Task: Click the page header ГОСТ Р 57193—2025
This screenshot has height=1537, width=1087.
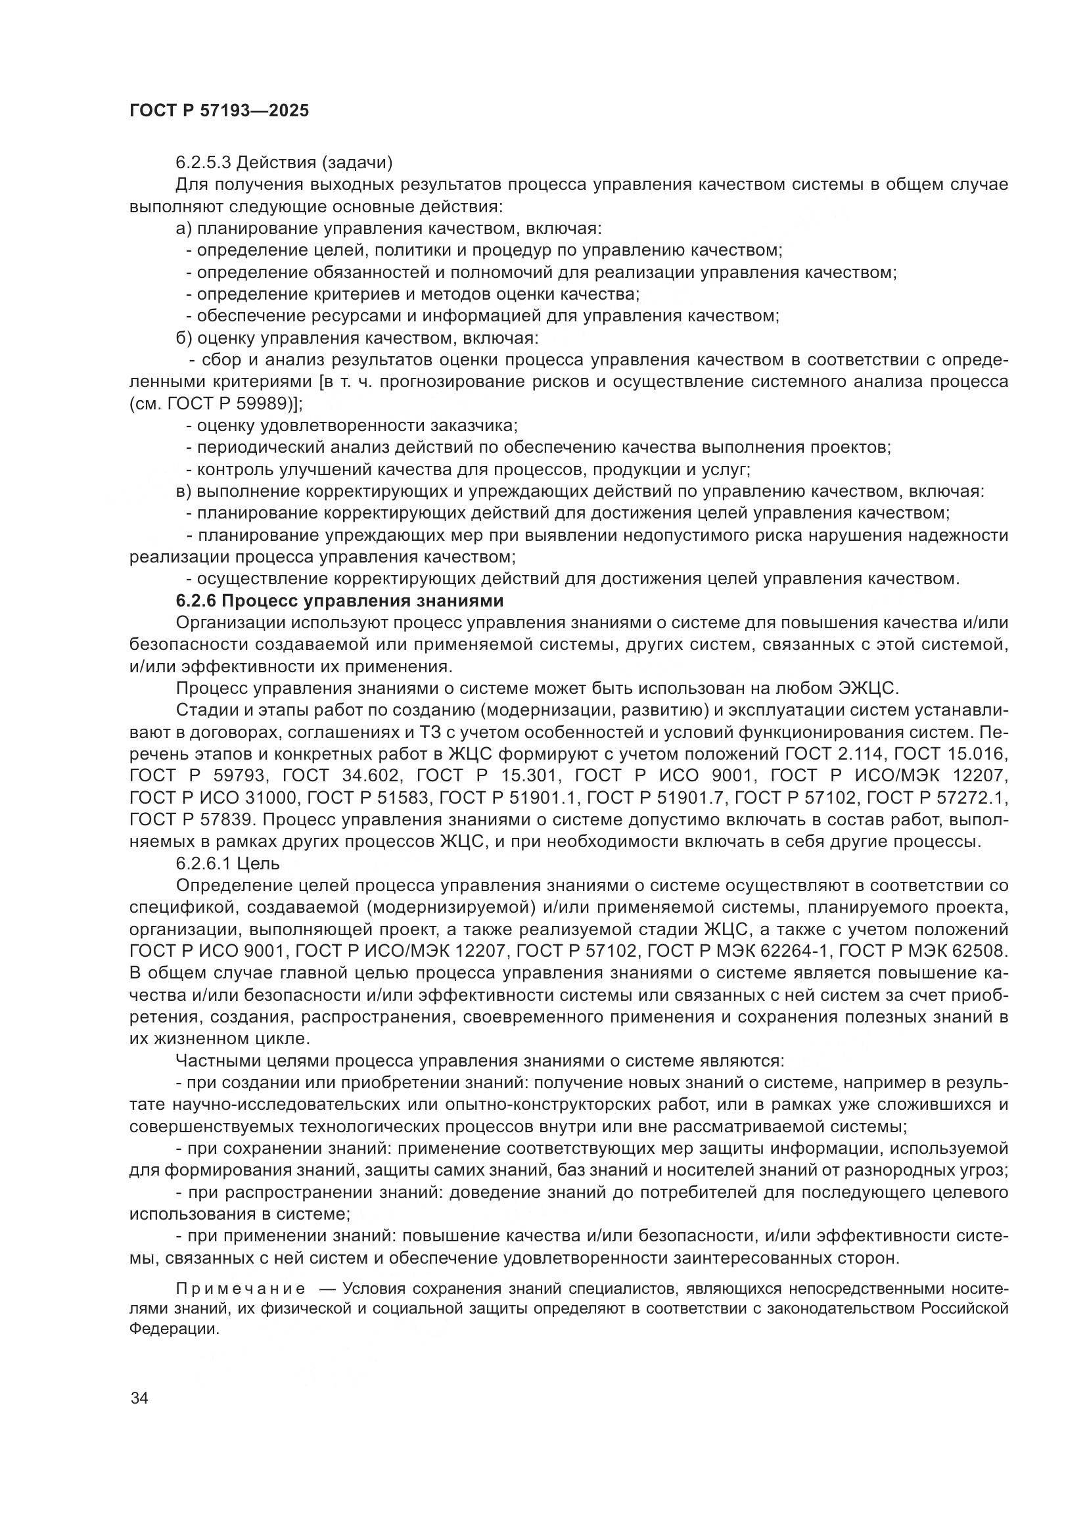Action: [x=219, y=110]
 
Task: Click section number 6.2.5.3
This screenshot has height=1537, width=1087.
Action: [x=204, y=162]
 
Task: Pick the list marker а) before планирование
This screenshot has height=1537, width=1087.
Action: [x=184, y=228]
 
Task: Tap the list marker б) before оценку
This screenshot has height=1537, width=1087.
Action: [x=184, y=338]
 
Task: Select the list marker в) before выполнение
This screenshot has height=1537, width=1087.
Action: [x=184, y=492]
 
